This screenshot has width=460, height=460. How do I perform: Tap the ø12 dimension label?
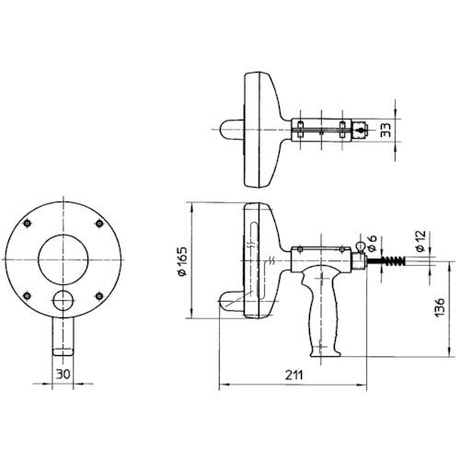coord(420,243)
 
